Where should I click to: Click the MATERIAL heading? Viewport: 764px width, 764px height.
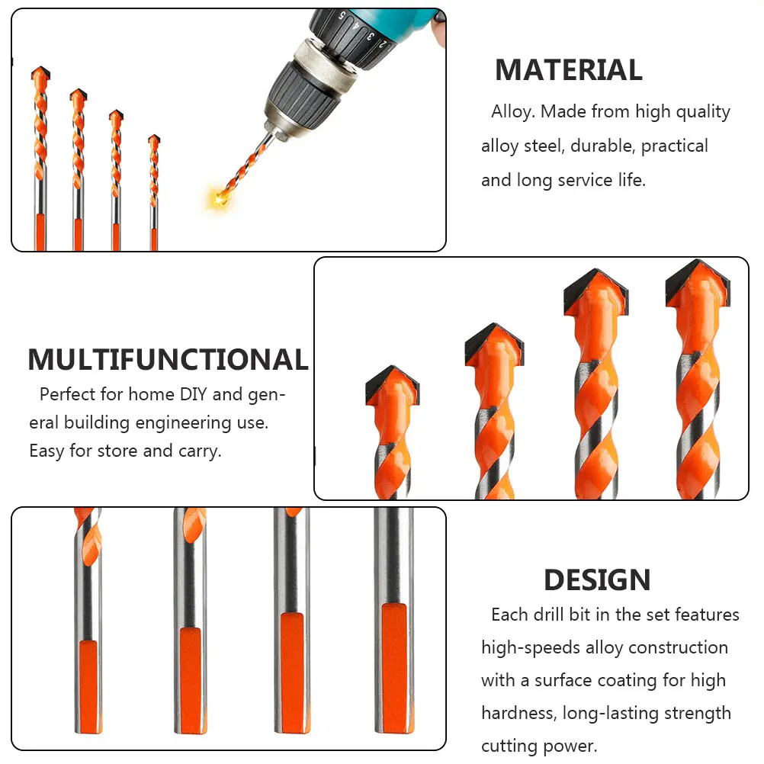pyautogui.click(x=568, y=70)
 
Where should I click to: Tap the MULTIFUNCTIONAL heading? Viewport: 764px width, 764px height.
pyautogui.click(x=168, y=359)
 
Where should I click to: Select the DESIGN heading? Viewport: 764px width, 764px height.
pyautogui.click(x=597, y=580)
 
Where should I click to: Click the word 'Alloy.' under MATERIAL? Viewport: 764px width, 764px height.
pyautogui.click(x=513, y=112)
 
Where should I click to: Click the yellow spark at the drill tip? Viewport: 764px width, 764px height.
pyautogui.click(x=220, y=198)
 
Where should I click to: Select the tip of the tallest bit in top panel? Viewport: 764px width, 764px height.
pyautogui.click(x=40, y=75)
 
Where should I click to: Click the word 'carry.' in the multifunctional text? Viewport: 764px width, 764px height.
pyautogui.click(x=200, y=451)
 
